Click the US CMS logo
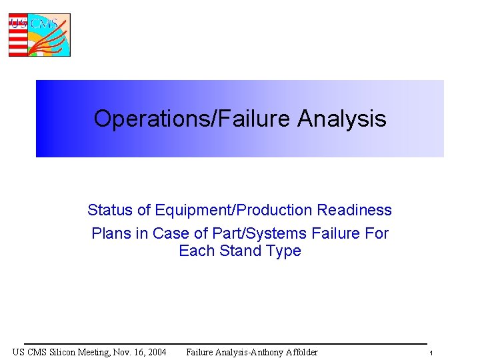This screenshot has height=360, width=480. click(x=39, y=35)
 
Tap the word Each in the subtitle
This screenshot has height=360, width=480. click(x=195, y=251)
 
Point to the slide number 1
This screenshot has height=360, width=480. click(x=431, y=353)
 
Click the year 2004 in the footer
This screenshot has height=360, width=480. click(x=155, y=352)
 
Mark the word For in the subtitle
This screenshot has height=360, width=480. click(x=377, y=234)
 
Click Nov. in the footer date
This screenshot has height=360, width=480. click(x=124, y=352)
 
